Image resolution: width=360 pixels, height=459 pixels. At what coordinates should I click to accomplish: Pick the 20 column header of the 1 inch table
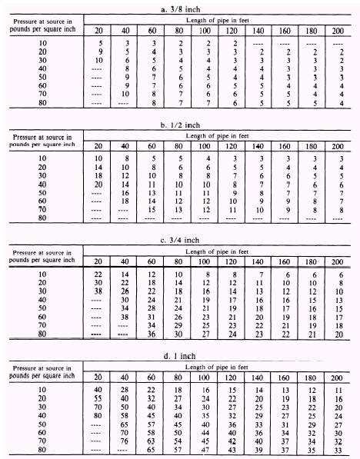(x=98, y=376)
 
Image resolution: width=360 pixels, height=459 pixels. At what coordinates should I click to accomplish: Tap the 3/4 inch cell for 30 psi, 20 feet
(x=98, y=294)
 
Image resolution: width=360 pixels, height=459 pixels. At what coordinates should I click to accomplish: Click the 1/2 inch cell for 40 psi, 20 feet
(x=98, y=184)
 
